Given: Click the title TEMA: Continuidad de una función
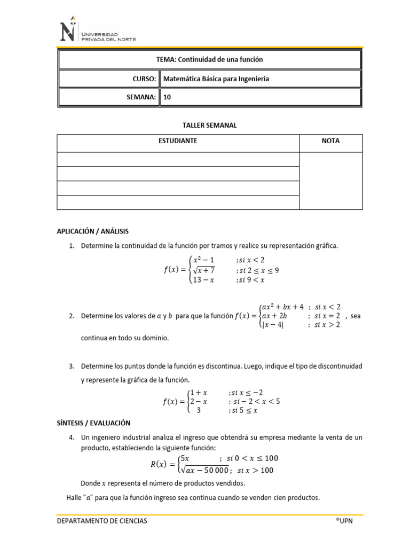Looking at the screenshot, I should [x=209, y=60].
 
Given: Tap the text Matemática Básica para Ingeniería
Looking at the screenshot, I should [x=216, y=79].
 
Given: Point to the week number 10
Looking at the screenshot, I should [x=167, y=97].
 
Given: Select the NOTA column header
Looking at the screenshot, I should [x=331, y=141].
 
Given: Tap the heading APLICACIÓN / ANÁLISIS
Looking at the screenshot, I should [x=93, y=231].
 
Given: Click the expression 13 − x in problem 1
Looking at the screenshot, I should [x=203, y=280].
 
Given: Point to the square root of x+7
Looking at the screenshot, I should [x=204, y=270].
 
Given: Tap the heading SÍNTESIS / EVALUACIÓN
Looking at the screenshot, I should [x=93, y=423].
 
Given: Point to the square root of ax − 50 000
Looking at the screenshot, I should [x=205, y=470].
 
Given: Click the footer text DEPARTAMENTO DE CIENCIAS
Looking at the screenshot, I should [x=102, y=521].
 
